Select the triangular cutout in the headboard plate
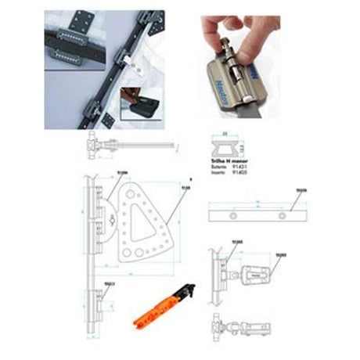click(x=143, y=230)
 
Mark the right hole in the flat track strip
click(x=281, y=214)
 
